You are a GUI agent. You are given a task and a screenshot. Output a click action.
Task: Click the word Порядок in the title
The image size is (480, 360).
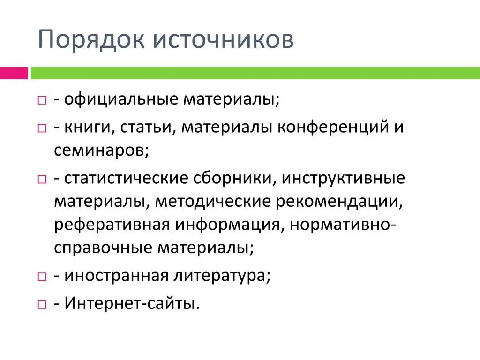pos(89,40)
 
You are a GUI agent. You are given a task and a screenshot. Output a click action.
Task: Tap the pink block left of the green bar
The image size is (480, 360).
pos(14,73)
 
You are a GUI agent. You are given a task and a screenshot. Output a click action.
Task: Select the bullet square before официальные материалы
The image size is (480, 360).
pos(42,101)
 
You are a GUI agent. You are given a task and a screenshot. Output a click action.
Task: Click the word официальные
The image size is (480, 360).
pos(121,99)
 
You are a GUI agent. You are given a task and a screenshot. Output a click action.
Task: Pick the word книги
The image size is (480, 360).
pos(89,127)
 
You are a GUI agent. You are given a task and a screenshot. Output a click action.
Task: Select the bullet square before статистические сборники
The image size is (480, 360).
pos(42,180)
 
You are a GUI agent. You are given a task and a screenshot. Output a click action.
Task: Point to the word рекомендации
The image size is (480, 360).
pos(340,201)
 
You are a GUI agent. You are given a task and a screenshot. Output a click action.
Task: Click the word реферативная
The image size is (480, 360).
pos(112,224)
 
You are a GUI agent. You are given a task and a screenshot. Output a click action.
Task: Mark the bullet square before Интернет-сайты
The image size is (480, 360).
pos(42,305)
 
